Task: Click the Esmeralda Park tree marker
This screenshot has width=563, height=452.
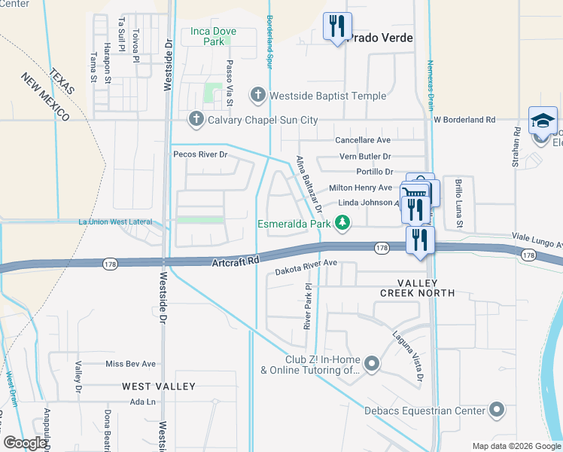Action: click(x=343, y=223)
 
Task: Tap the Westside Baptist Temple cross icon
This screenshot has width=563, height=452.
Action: click(x=258, y=96)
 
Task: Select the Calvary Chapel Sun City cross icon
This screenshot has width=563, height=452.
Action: click(x=196, y=120)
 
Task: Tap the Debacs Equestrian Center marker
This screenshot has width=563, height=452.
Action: click(x=496, y=411)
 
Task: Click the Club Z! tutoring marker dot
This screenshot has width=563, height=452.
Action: click(x=371, y=365)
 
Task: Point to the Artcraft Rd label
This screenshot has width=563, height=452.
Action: click(x=236, y=260)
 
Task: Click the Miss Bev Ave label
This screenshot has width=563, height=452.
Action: click(x=130, y=364)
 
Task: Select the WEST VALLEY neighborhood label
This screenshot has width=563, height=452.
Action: click(x=159, y=386)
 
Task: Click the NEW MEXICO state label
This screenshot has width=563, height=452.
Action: click(x=45, y=98)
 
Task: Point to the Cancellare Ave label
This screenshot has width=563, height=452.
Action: click(x=363, y=140)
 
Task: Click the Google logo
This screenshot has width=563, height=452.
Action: click(x=25, y=443)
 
